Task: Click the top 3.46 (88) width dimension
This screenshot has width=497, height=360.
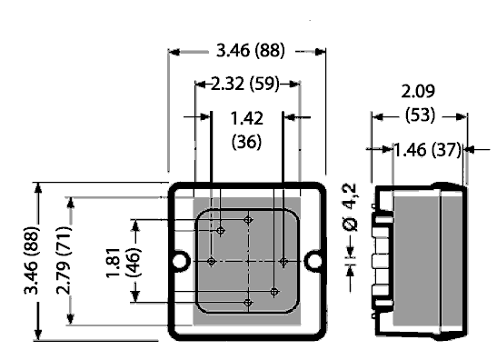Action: (x=251, y=51)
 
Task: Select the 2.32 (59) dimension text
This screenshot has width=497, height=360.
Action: (x=245, y=84)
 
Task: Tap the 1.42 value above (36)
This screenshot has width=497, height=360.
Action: (x=247, y=118)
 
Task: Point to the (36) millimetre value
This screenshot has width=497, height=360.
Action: (x=247, y=142)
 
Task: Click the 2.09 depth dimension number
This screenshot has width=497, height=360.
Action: (x=418, y=92)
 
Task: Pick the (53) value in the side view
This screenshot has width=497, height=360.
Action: (x=420, y=115)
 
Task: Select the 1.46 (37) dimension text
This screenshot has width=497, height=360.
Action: (x=427, y=150)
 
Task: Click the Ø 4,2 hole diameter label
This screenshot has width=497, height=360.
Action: (x=350, y=207)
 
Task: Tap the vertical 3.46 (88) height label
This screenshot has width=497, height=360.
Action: (x=32, y=260)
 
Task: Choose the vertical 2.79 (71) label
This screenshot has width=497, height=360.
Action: (x=64, y=260)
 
